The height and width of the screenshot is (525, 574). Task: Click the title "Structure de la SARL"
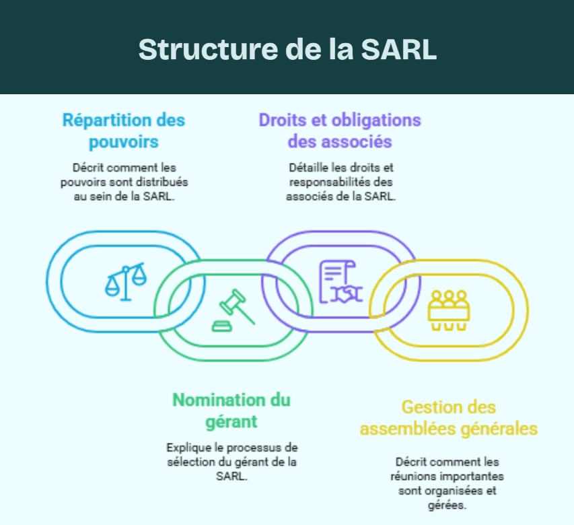click(x=287, y=49)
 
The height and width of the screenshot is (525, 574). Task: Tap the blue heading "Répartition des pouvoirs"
click(x=124, y=131)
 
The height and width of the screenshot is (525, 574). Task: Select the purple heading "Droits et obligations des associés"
click(x=340, y=131)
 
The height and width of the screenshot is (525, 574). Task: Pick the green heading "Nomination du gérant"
click(x=231, y=410)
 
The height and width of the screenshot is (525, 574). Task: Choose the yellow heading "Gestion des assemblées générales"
click(x=448, y=417)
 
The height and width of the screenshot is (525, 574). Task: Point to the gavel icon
click(x=232, y=310)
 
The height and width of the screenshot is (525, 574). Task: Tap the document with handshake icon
click(x=339, y=282)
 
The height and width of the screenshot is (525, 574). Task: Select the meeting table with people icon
click(x=447, y=310)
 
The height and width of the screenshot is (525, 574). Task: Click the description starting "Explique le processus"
click(x=231, y=461)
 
